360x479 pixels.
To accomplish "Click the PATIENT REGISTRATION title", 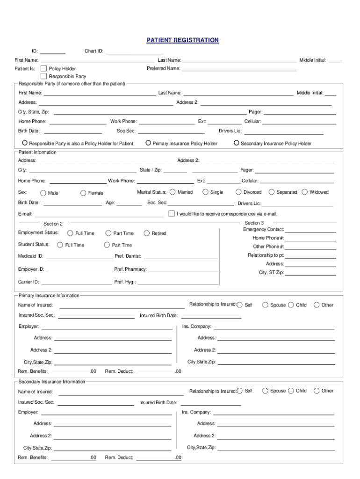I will [182, 40].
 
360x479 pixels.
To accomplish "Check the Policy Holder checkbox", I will [44, 69].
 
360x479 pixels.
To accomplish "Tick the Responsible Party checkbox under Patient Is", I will [44, 76].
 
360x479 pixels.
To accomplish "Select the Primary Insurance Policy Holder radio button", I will [148, 143].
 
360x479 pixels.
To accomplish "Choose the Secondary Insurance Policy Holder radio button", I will [236, 143].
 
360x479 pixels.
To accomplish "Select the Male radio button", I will [43, 193].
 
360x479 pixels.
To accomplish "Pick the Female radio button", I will [83, 193].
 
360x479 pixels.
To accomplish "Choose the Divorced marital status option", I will [238, 192].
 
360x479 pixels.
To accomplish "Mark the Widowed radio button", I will [305, 192].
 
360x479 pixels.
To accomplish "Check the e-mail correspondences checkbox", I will [172, 214].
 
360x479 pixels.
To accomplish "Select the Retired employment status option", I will [147, 233].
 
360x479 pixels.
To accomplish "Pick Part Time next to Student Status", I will [107, 245].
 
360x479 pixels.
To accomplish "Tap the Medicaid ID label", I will [31, 256].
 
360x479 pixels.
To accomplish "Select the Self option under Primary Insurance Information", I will [240, 305].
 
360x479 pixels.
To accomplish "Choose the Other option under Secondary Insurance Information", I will [317, 391].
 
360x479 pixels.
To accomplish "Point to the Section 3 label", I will [254, 223].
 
